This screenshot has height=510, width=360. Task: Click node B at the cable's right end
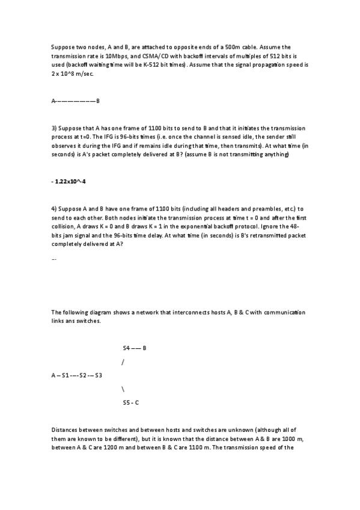pyautogui.click(x=98, y=101)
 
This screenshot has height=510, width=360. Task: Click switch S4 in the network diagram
pyautogui.click(x=126, y=348)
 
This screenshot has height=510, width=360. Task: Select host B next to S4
pyautogui.click(x=145, y=348)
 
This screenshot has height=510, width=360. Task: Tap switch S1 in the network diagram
pyautogui.click(x=66, y=376)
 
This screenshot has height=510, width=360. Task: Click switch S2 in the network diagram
pyautogui.click(x=83, y=376)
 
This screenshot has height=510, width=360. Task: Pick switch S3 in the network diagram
pyautogui.click(x=98, y=376)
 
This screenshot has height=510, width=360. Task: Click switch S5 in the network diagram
pyautogui.click(x=126, y=402)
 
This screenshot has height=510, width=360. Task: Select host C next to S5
pyautogui.click(x=138, y=402)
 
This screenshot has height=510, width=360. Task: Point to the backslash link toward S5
pyautogui.click(x=123, y=389)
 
